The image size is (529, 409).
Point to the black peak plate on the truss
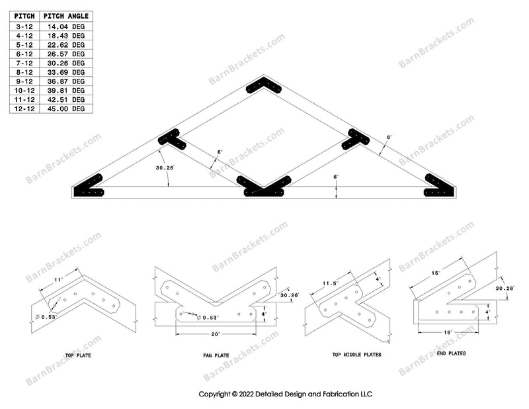(x=264, y=85)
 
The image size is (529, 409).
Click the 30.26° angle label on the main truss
(x=165, y=168)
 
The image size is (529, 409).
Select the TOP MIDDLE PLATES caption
(x=356, y=355)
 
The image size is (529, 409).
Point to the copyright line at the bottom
(x=286, y=394)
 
